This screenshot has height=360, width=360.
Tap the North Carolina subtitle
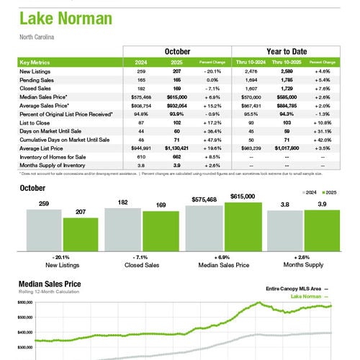pyautogui.click(x=37, y=36)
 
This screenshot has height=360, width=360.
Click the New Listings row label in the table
pyautogui.click(x=35, y=71)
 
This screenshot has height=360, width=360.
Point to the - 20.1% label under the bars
pyautogui.click(x=62, y=258)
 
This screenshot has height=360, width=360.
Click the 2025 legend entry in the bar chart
pyautogui.click(x=328, y=193)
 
